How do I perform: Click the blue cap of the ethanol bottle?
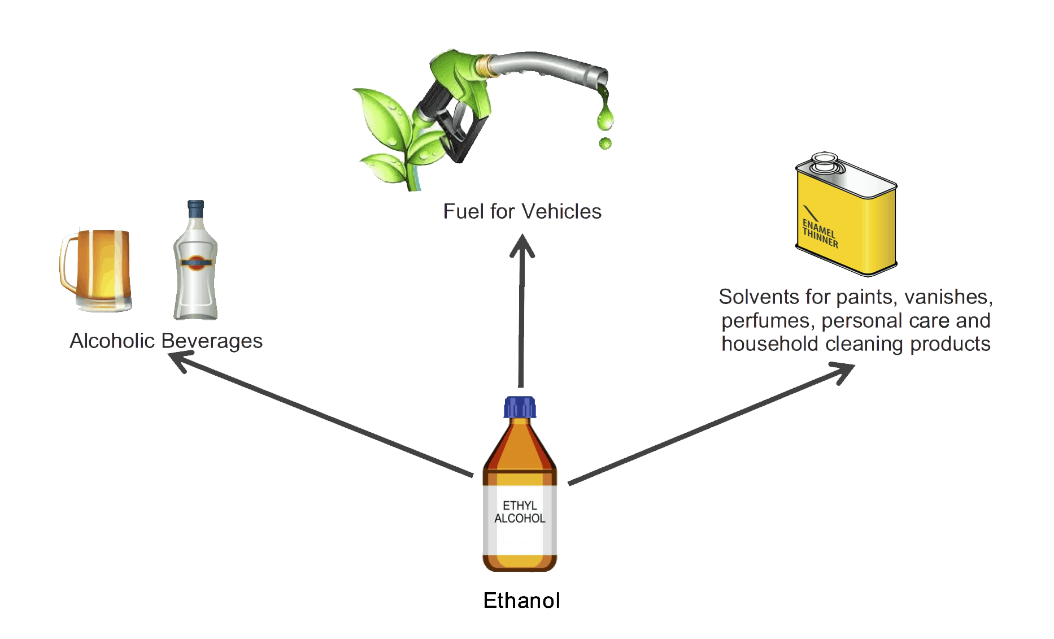(x=520, y=407)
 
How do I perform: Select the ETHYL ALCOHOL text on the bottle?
(x=520, y=512)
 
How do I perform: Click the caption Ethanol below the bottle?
(x=521, y=600)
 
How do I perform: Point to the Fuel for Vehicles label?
(x=522, y=211)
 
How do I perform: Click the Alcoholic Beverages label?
(x=166, y=341)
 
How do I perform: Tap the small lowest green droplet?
(x=606, y=144)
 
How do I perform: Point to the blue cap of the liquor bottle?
(x=195, y=208)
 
